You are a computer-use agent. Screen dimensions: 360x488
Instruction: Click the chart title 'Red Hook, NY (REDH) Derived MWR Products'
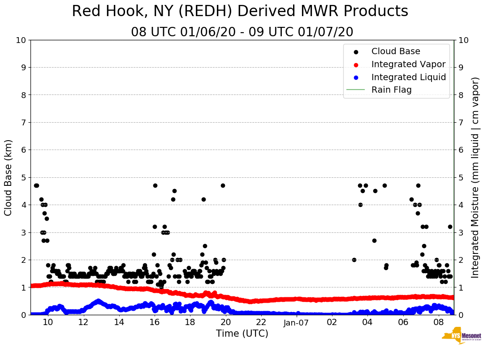pyautogui.click(x=240, y=11)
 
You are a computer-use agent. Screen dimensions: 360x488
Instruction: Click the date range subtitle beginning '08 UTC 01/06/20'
pyautogui.click(x=242, y=32)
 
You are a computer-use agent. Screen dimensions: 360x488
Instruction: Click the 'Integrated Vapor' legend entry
pyautogui.click(x=408, y=64)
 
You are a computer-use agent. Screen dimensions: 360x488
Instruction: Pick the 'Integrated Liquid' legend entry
pyautogui.click(x=408, y=77)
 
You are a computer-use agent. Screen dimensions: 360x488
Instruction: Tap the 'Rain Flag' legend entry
pyautogui.click(x=391, y=90)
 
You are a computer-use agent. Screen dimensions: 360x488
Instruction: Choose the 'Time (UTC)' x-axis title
pyautogui.click(x=242, y=334)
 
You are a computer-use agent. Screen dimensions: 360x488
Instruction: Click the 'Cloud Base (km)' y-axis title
pyautogui.click(x=9, y=177)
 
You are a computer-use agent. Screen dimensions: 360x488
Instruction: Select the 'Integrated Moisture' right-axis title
pyautogui.click(x=475, y=177)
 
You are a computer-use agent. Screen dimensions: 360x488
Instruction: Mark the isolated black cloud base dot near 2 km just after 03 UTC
pyautogui.click(x=354, y=260)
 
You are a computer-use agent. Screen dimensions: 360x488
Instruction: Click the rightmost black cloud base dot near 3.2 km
pyautogui.click(x=450, y=227)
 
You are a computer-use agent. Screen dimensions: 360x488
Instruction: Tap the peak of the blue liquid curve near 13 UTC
pyautogui.click(x=98, y=301)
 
